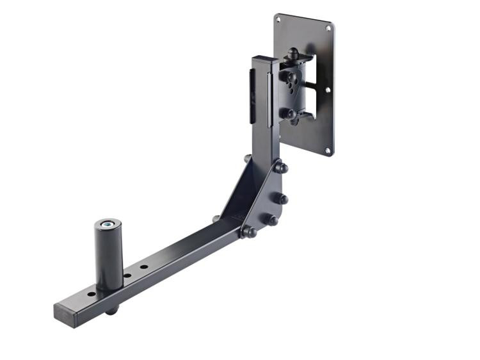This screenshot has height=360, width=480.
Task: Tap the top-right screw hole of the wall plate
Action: point(329,29)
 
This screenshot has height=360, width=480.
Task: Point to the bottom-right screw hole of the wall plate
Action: point(327,151)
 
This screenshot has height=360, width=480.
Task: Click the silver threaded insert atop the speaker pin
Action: point(109,224)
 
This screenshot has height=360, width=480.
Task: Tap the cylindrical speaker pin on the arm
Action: point(109,256)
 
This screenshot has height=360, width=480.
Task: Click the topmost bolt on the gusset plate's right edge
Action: point(281,168)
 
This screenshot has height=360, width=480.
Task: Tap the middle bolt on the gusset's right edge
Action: point(282,199)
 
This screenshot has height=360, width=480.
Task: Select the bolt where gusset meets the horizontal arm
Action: point(248,231)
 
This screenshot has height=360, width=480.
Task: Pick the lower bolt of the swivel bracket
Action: point(289,114)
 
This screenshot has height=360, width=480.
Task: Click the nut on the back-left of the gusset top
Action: point(247,158)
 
